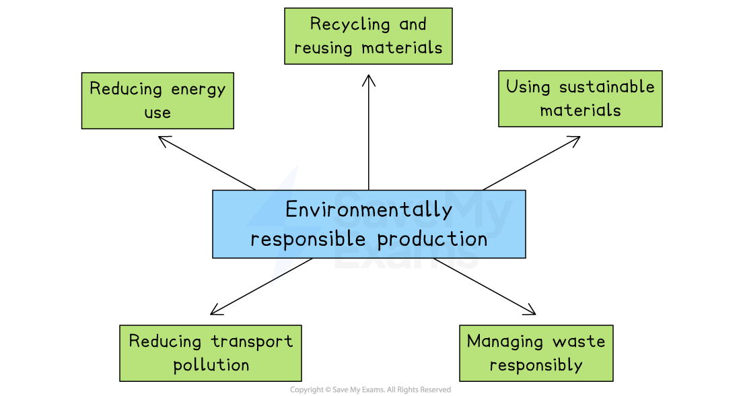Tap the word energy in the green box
point(199,90)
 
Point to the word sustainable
point(607,87)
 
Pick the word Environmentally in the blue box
point(369,210)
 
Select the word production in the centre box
point(432,239)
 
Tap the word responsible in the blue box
point(310,240)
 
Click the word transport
point(252,341)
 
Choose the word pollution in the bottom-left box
point(211,365)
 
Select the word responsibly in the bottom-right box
point(536,366)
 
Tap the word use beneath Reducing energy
point(157,112)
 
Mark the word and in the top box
point(413,25)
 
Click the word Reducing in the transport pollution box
point(165,341)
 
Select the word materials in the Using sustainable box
point(580,110)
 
